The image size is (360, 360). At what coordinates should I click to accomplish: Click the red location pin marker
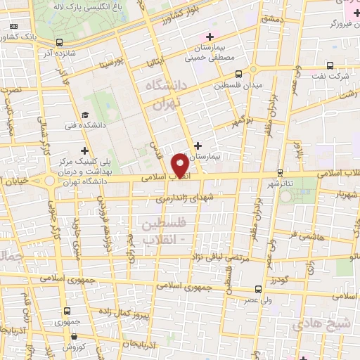pyautogui.click(x=182, y=166)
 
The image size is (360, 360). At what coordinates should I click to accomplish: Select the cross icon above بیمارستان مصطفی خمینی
pyautogui.click(x=208, y=37)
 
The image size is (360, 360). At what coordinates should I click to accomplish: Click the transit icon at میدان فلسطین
pyautogui.click(x=240, y=73)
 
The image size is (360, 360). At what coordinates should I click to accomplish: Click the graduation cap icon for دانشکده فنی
pyautogui.click(x=85, y=115)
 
